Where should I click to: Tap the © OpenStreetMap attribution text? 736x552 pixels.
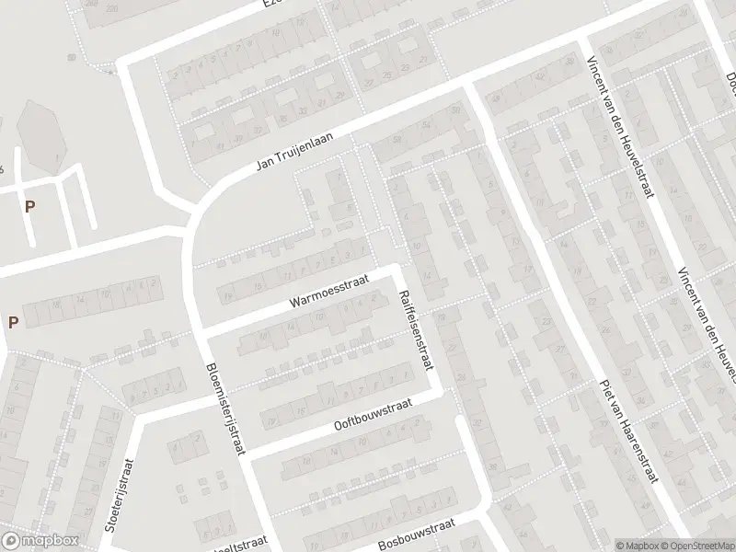[x=694, y=545]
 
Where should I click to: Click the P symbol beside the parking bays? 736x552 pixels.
[x=29, y=206]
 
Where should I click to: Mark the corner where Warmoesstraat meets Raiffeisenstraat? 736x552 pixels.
[x=399, y=269]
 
